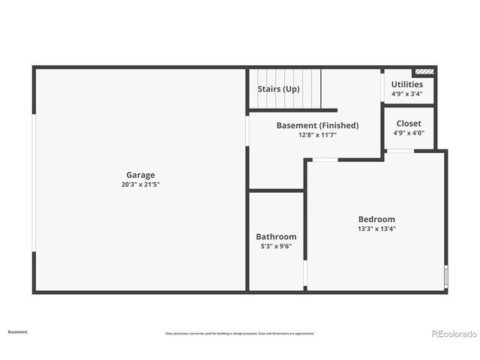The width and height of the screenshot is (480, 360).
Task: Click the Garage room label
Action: point(140,175)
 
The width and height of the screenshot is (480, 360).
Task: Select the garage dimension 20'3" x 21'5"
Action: point(140,184)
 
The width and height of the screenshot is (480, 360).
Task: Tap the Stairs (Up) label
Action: point(278,88)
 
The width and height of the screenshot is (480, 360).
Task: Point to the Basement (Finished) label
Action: point(317,125)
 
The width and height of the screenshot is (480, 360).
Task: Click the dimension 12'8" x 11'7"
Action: point(317,135)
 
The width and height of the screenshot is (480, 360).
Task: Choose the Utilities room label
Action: point(407,85)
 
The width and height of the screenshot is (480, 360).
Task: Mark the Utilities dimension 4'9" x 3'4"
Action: point(407,94)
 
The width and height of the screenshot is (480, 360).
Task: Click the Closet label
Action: point(409,123)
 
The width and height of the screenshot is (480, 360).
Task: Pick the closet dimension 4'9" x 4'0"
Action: point(409,133)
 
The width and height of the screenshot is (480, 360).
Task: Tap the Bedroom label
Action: point(376,219)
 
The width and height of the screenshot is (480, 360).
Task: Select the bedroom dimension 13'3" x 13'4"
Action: point(376,229)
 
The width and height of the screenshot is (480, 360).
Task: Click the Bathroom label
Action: point(276,236)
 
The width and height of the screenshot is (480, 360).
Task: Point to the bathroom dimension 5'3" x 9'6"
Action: point(276,246)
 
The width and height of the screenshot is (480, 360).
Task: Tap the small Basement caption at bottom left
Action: point(18,331)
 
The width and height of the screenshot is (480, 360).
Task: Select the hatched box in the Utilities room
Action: point(424,72)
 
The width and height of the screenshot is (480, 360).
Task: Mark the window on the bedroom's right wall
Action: point(445,276)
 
